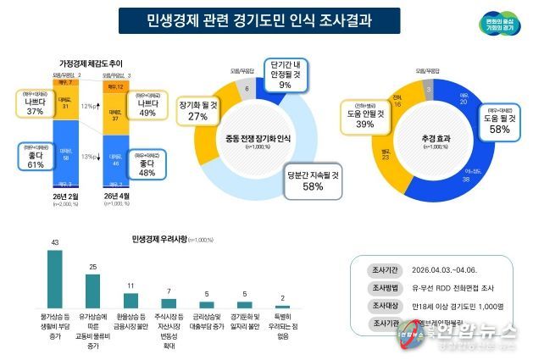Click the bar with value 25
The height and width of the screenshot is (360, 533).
tap(93, 290)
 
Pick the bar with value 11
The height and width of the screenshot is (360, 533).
tap(131, 300)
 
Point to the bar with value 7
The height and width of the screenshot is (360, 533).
tap(169, 302)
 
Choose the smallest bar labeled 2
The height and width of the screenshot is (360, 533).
tap(282, 306)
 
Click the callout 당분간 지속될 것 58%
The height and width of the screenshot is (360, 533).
tap(311, 180)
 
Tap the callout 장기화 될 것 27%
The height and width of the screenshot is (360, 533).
tap(197, 111)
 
